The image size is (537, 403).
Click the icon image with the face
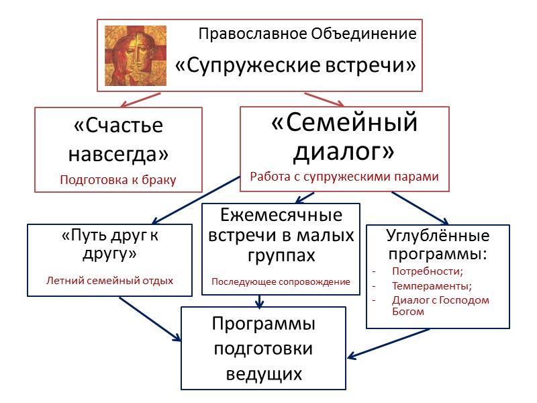[x=136, y=55]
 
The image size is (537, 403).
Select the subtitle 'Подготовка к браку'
[x=118, y=179]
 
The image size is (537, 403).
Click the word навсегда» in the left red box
[x=118, y=154]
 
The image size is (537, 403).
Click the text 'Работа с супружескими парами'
[x=344, y=177]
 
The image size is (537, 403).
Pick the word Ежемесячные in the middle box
[x=281, y=216]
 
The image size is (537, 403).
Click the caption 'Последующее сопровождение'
[x=281, y=281]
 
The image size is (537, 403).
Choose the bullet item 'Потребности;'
[x=427, y=271]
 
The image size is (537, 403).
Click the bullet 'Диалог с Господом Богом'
[x=440, y=306]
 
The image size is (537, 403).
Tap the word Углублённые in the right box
[x=438, y=236]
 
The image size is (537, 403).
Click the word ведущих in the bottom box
[x=264, y=373]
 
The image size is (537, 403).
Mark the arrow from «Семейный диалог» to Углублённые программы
[x=420, y=208]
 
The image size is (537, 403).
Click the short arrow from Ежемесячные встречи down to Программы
[x=260, y=301]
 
